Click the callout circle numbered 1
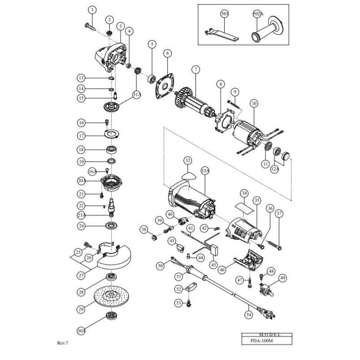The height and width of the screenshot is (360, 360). point(92,9)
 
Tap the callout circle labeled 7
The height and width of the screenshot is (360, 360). point(195,69)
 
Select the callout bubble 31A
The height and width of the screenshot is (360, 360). point(137,94)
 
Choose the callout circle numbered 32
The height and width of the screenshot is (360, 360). point(187,160)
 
